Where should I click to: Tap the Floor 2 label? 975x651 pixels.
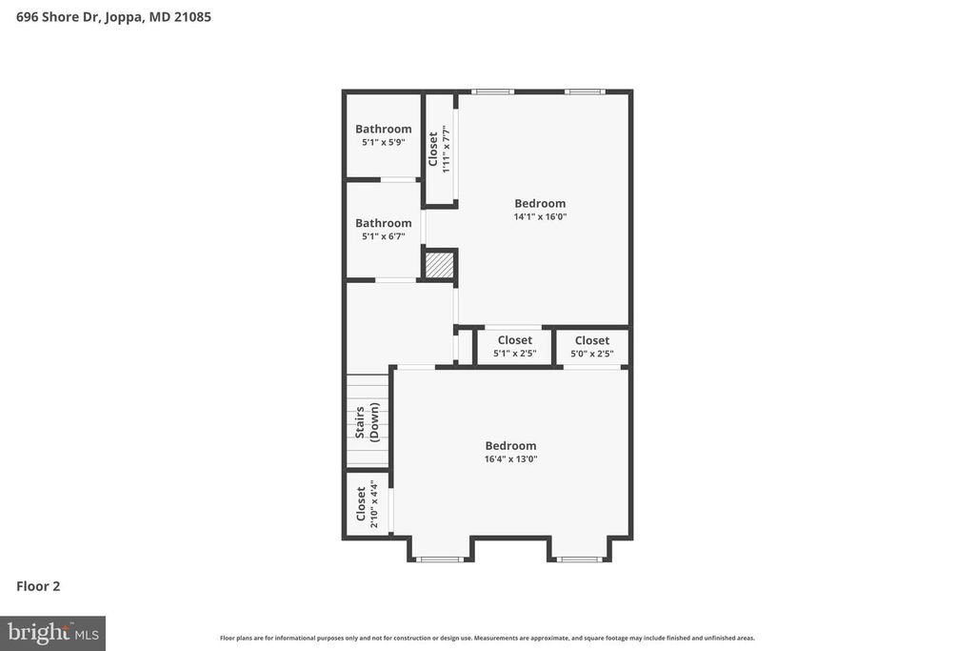38,586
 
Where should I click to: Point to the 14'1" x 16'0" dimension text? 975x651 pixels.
540,216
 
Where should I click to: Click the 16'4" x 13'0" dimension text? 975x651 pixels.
510,458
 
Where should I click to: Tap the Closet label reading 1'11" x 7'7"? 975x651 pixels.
438,149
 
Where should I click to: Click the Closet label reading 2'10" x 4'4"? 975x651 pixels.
367,504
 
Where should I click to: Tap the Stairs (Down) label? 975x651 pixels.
368,420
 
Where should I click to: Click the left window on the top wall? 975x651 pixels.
493,92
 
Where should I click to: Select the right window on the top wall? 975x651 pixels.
584,92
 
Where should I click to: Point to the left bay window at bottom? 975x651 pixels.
440,559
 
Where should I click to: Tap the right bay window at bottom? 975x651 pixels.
579,559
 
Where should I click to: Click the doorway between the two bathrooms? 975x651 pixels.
398,179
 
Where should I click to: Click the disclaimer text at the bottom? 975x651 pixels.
487,638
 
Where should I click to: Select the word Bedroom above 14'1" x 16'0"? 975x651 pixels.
540,203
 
